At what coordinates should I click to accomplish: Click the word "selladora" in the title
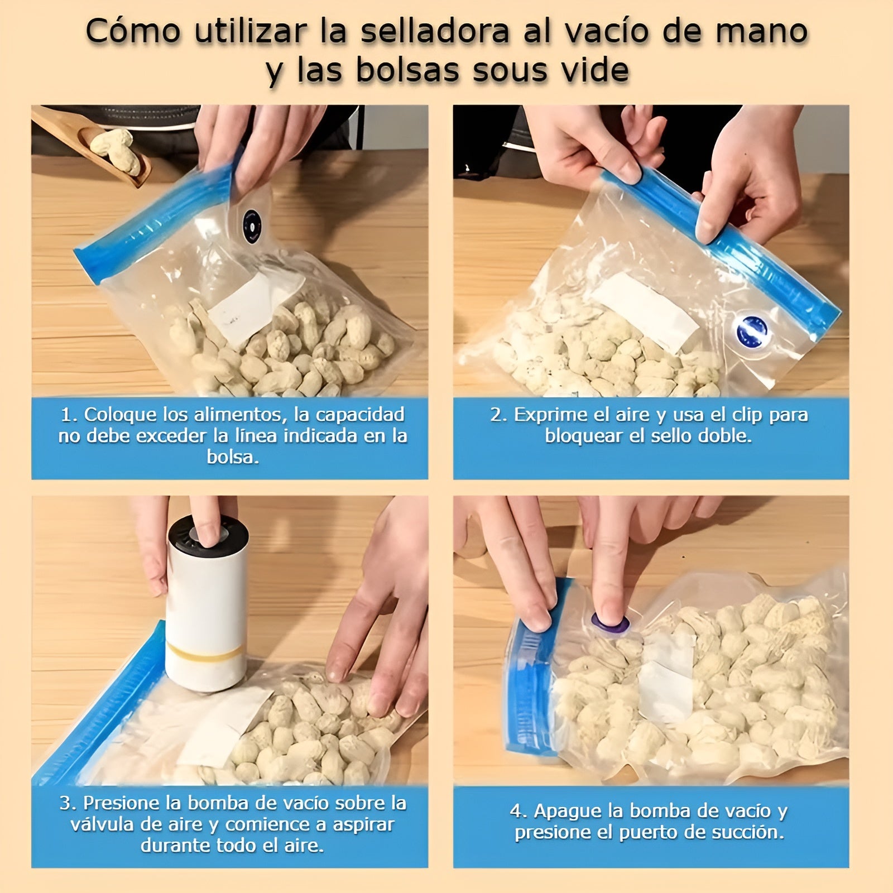click(x=435, y=32)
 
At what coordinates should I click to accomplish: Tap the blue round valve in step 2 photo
click(x=752, y=331)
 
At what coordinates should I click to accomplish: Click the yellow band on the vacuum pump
click(x=207, y=649)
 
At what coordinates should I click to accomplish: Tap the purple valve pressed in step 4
click(x=611, y=623)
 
